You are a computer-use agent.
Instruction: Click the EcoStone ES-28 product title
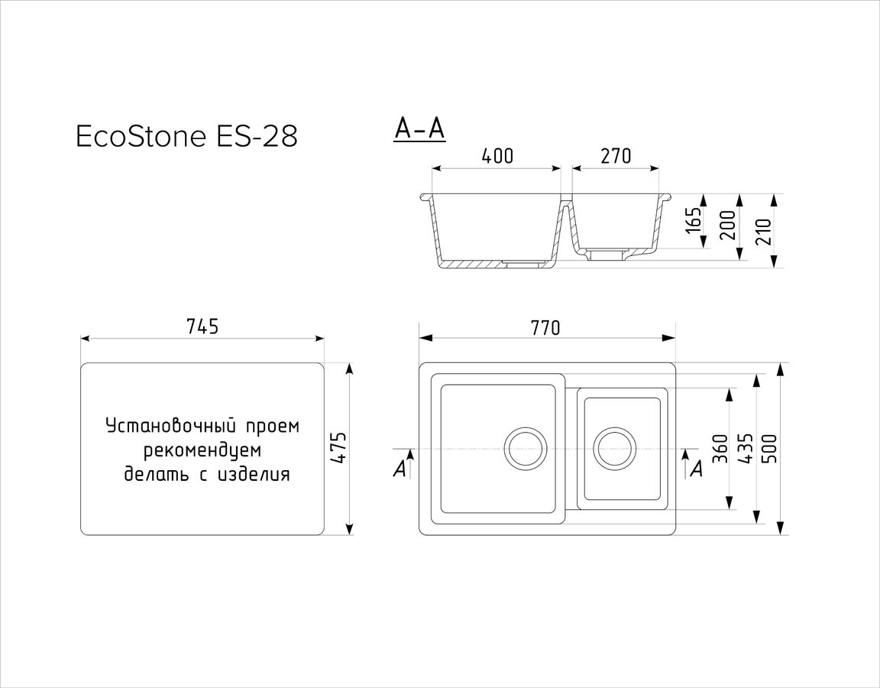tap(186, 136)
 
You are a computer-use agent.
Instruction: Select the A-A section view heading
tap(420, 128)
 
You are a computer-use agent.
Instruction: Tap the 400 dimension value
tap(497, 156)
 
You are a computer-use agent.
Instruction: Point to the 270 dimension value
tap(616, 156)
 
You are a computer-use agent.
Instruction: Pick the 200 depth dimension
tap(728, 225)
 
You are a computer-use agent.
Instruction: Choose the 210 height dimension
tap(765, 230)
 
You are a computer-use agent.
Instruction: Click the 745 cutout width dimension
tap(202, 326)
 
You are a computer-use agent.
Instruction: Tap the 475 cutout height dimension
tap(338, 448)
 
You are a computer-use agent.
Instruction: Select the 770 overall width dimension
tap(545, 327)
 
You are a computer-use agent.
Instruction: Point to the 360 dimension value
tap(720, 449)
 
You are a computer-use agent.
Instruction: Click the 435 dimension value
tap(746, 449)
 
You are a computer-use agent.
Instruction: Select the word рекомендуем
tap(202, 450)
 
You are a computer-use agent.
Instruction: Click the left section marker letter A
tap(399, 469)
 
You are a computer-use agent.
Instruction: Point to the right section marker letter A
tap(697, 469)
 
